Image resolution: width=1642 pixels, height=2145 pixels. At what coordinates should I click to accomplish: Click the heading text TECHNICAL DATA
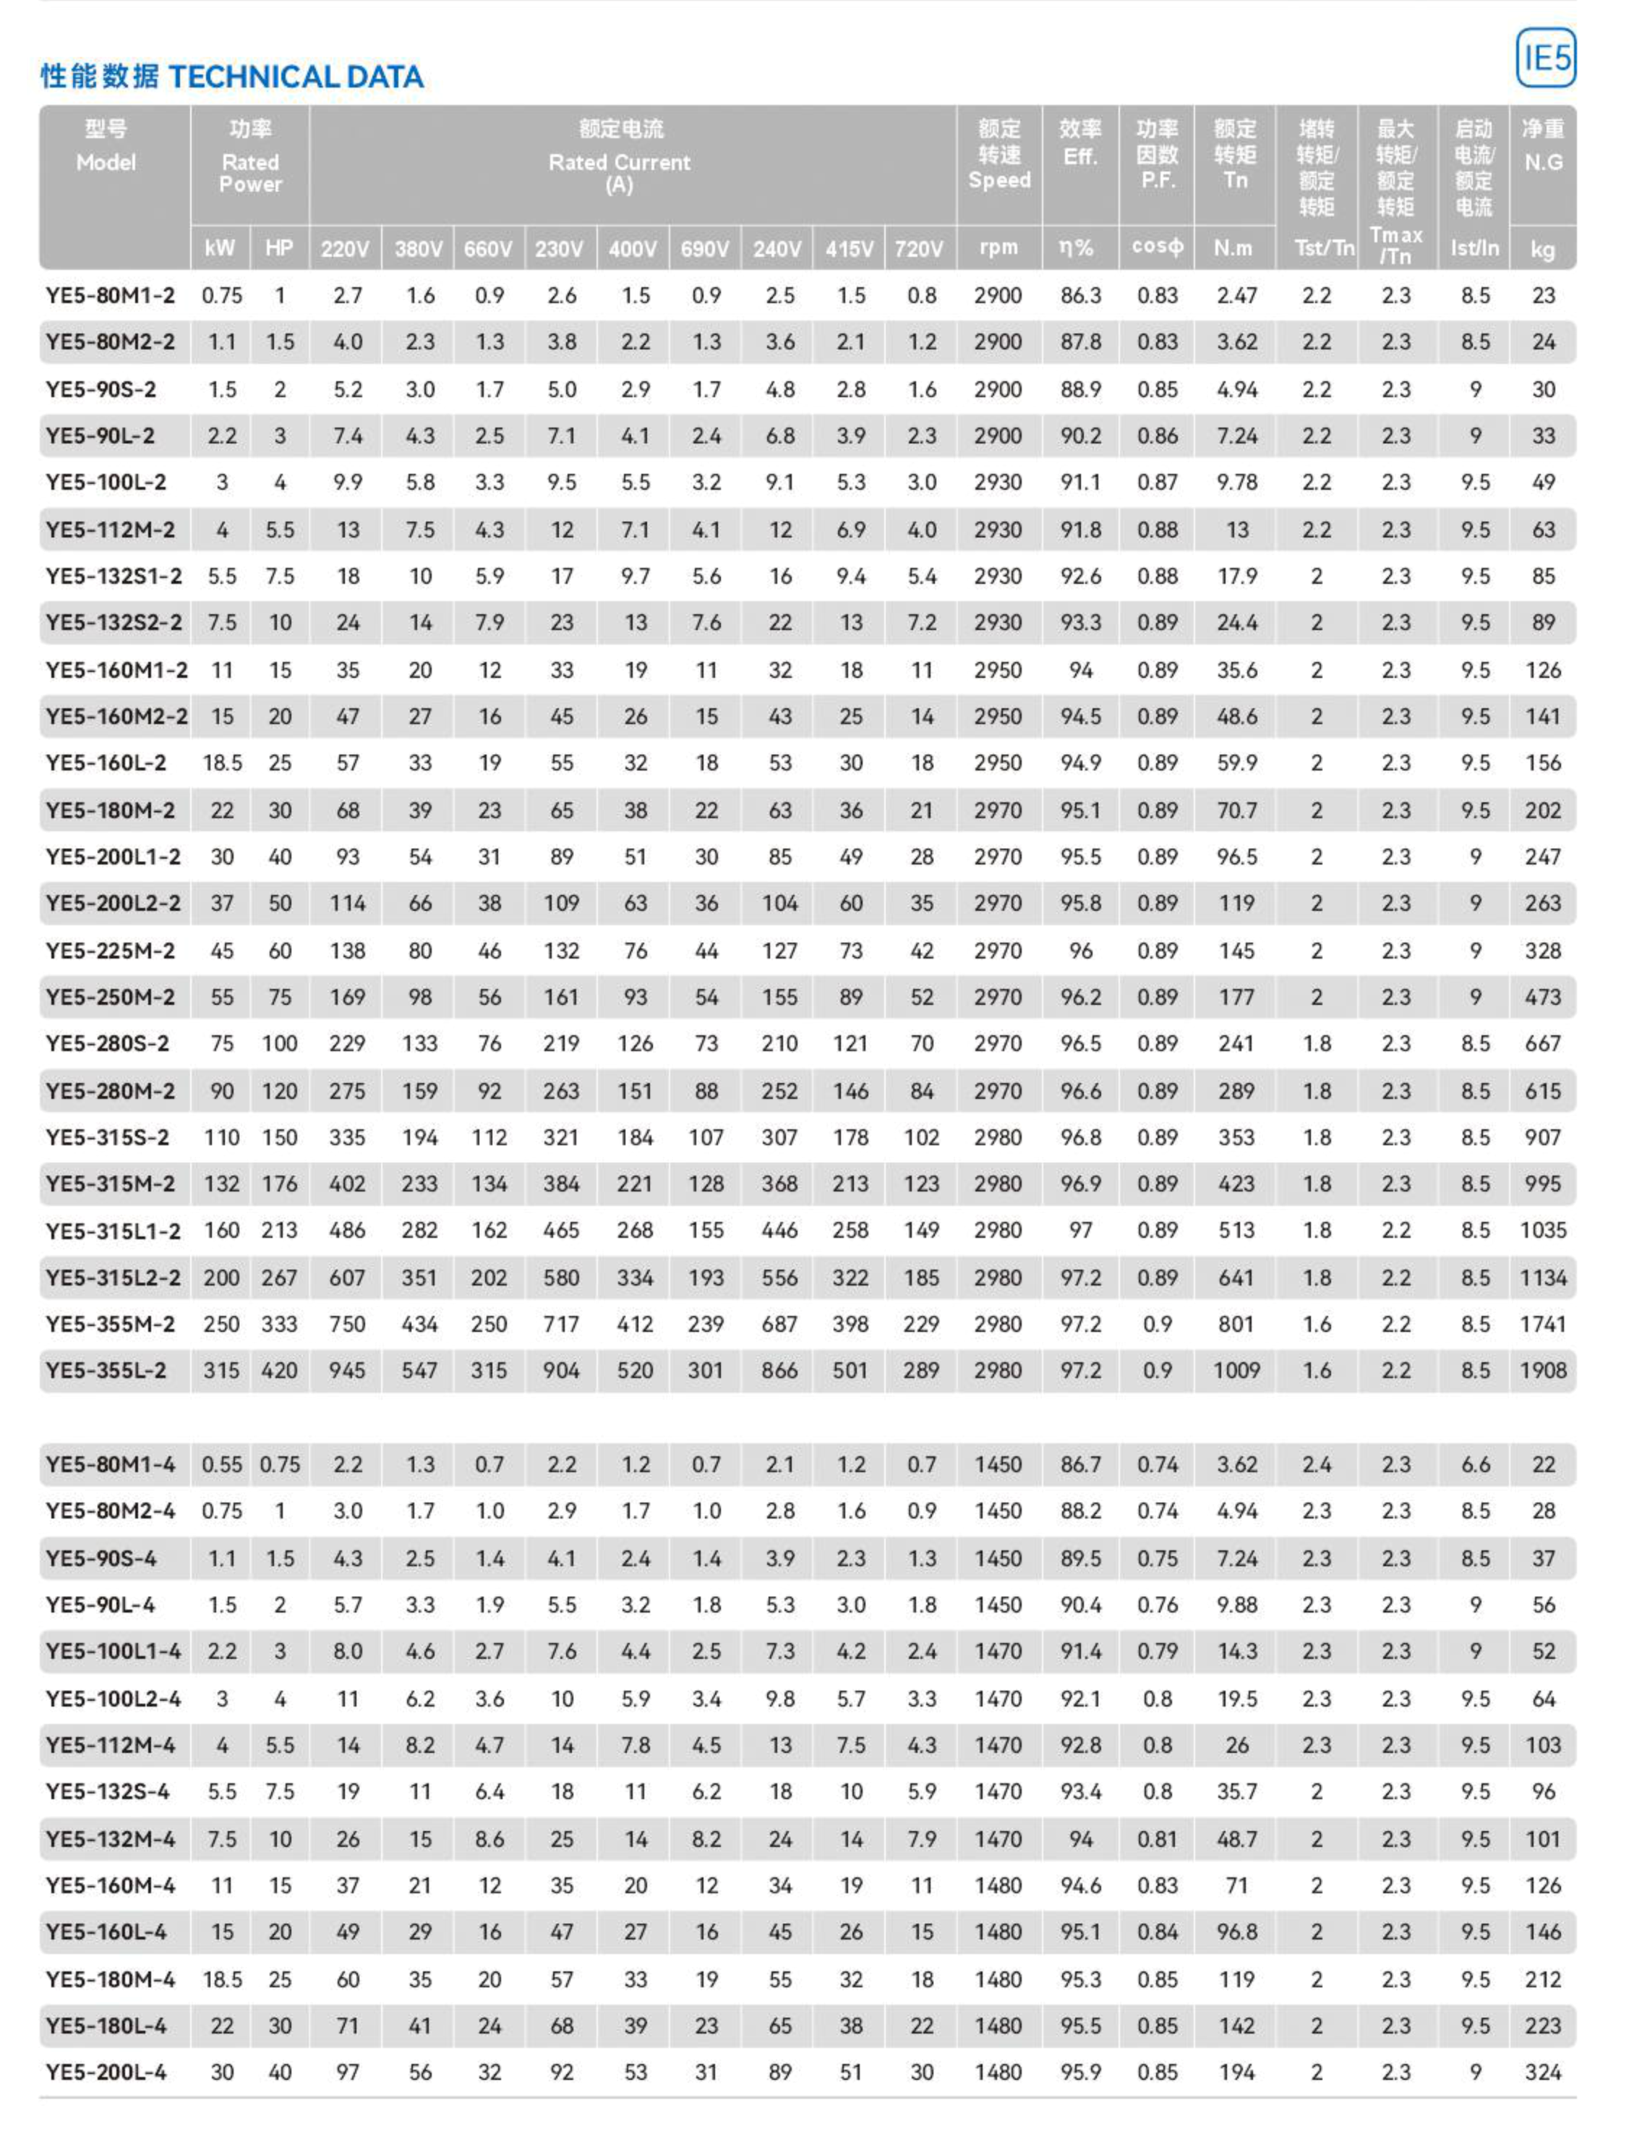[x=296, y=77]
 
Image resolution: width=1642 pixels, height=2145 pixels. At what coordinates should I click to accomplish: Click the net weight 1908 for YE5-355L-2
[x=1542, y=1371]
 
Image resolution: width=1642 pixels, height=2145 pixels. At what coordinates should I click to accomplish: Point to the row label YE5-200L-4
[x=106, y=2072]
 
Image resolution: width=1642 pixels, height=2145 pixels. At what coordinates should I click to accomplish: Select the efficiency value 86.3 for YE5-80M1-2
[x=1080, y=295]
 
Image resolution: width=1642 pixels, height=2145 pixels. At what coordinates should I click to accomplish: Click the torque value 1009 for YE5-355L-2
[x=1236, y=1371]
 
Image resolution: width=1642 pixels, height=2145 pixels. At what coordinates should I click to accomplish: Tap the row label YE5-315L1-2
[x=114, y=1231]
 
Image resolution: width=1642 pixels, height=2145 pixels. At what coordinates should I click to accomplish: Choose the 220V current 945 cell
[x=347, y=1371]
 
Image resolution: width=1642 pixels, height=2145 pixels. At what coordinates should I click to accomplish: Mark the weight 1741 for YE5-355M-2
[x=1542, y=1324]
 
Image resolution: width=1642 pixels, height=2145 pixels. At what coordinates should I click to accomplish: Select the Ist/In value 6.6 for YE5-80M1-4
[x=1475, y=1464]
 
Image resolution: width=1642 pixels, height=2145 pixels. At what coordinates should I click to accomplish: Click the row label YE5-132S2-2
[x=114, y=623]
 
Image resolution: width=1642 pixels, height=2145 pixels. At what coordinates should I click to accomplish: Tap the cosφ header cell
[x=1158, y=247]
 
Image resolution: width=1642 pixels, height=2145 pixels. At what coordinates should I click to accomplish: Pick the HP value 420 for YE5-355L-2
[x=280, y=1371]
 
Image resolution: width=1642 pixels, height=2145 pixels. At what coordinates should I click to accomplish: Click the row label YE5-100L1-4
[x=114, y=1652]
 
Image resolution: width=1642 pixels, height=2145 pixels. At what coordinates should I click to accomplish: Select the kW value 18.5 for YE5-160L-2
[x=222, y=763]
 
